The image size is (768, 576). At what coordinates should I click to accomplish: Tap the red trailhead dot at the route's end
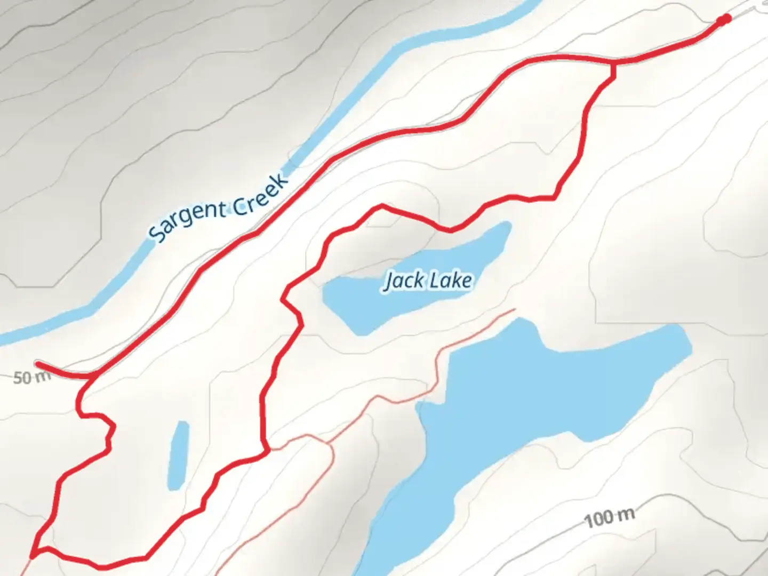[x=724, y=20]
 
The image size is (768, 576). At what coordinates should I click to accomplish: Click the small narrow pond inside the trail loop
[x=178, y=454]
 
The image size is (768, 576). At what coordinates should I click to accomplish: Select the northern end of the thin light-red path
[x=514, y=309]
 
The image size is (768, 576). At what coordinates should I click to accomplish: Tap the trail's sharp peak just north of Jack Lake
[x=382, y=205]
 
